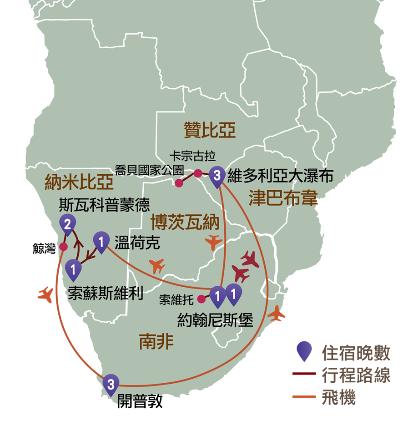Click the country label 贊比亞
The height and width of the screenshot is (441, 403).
210,130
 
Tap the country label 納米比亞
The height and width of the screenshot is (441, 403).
79,182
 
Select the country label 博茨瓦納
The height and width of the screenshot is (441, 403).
185,222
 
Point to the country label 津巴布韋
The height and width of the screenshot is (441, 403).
283,198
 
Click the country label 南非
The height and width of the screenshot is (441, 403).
156,341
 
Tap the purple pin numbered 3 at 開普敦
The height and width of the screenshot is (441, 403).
111,385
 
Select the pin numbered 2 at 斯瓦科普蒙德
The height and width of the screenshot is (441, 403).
67,225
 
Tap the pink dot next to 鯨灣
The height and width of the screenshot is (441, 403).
64,247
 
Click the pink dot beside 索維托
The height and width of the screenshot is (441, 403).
201,299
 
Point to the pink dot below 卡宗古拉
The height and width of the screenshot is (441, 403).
198,173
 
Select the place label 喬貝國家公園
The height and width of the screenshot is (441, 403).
149,170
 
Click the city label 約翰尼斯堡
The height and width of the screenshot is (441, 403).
215,320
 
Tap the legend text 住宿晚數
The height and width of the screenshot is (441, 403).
356,353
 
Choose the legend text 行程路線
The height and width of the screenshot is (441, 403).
356,375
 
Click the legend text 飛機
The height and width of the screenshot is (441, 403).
339,397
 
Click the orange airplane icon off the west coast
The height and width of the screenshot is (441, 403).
46,295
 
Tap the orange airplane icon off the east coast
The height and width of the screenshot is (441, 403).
277,313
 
